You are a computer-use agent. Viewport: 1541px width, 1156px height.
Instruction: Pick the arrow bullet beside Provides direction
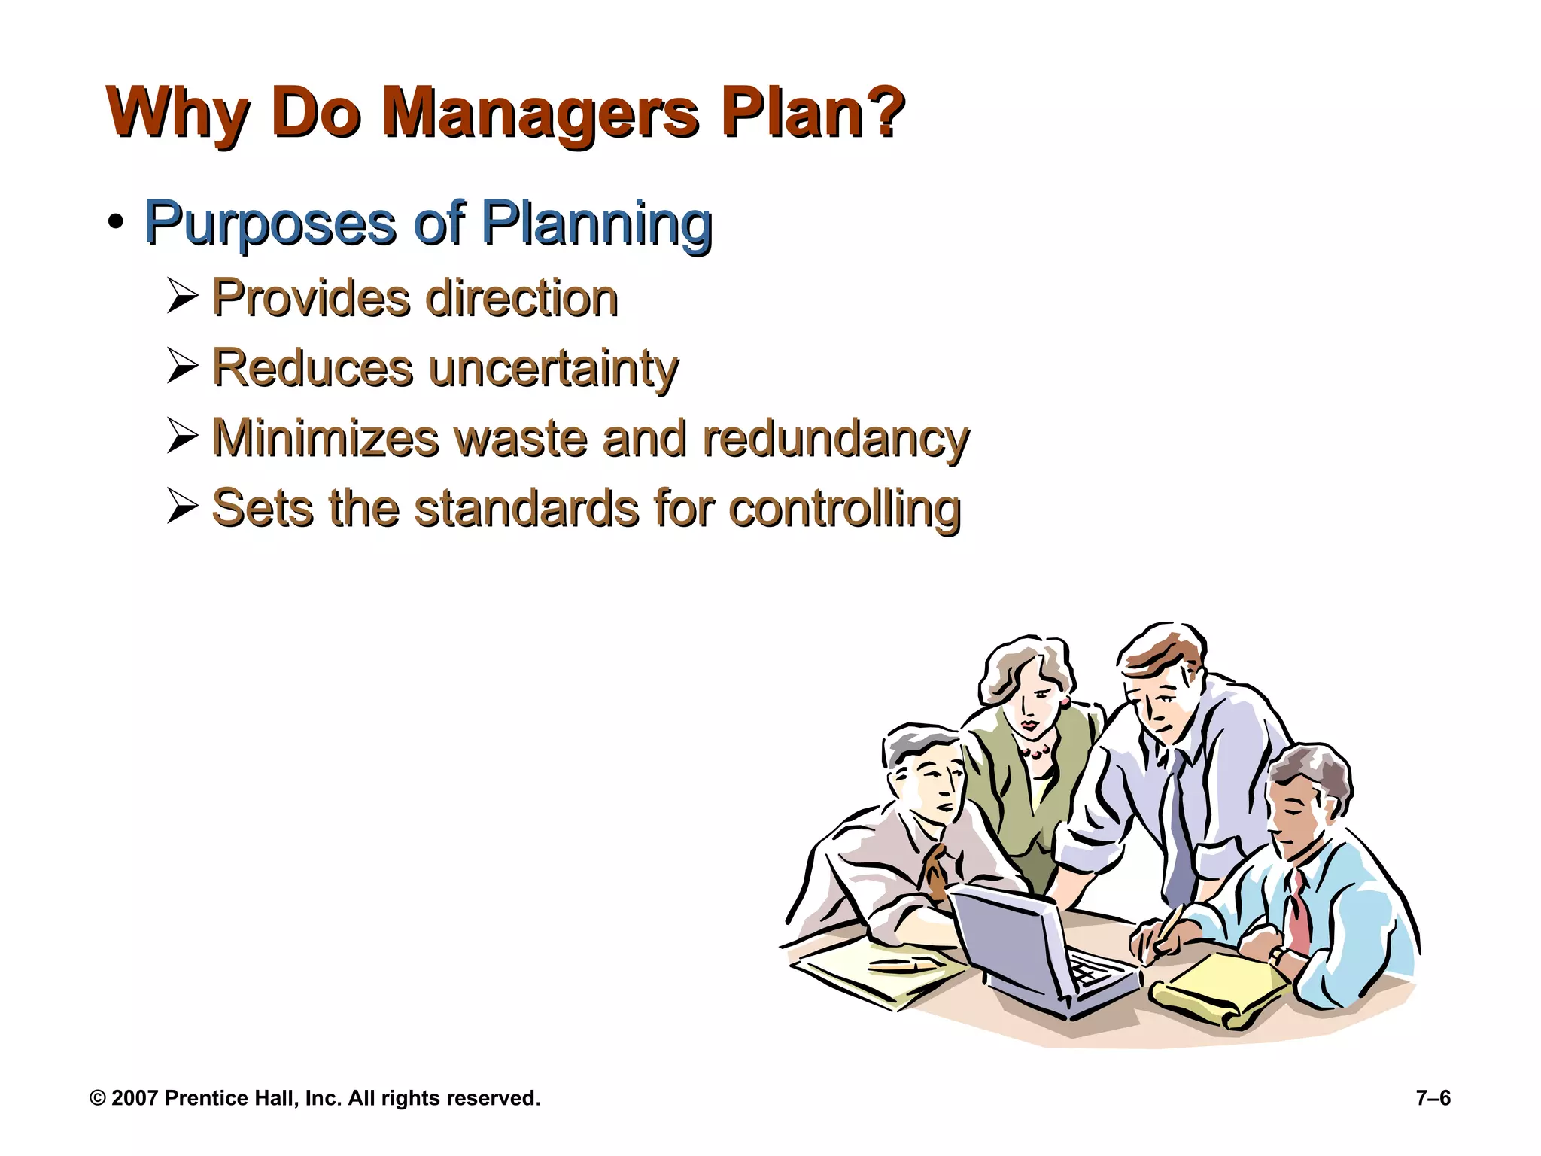pos(182,297)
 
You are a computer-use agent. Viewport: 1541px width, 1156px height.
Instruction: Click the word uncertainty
pos(553,368)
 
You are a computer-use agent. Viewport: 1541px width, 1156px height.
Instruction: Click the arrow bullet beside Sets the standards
pos(182,507)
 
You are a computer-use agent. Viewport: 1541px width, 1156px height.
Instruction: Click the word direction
pos(521,298)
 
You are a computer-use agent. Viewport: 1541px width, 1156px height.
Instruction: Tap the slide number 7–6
pos(1433,1098)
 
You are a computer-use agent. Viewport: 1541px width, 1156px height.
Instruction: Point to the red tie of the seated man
pos(1298,911)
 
